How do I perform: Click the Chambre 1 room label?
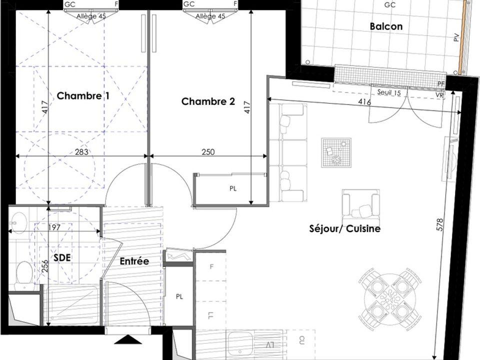pyautogui.click(x=83, y=96)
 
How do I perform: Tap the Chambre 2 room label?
pyautogui.click(x=208, y=101)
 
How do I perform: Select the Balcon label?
pyautogui.click(x=386, y=26)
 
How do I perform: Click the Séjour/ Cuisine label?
pyautogui.click(x=345, y=228)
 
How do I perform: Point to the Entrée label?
pyautogui.click(x=134, y=261)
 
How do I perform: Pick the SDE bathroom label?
pyautogui.click(x=62, y=257)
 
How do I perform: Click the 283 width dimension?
pyautogui.click(x=81, y=151)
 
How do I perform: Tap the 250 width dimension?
pyautogui.click(x=208, y=151)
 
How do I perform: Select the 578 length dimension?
pyautogui.click(x=440, y=224)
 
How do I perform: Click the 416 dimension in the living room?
pyautogui.click(x=364, y=102)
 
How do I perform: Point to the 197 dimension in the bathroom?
pyautogui.click(x=54, y=227)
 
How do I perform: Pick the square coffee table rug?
pyautogui.click(x=336, y=152)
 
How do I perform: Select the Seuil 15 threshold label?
pyautogui.click(x=389, y=92)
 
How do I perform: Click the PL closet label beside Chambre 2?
pyautogui.click(x=233, y=189)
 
